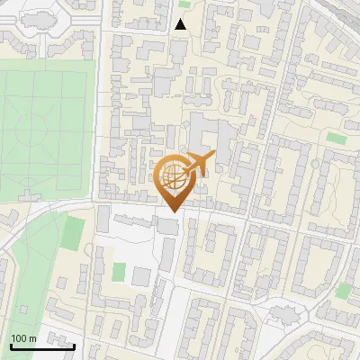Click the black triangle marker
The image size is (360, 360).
(x=181, y=24)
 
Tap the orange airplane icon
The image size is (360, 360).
(x=199, y=163)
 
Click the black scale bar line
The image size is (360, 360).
(x=42, y=346)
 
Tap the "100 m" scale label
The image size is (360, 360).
(x=24, y=338)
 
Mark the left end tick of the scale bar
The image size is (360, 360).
(x=11, y=345)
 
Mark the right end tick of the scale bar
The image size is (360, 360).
(x=74, y=345)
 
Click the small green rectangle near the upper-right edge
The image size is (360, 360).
(x=337, y=138)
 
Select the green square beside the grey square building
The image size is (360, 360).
(x=120, y=271)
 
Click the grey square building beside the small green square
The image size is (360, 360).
(x=141, y=274)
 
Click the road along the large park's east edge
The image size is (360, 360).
(x=98, y=126)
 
